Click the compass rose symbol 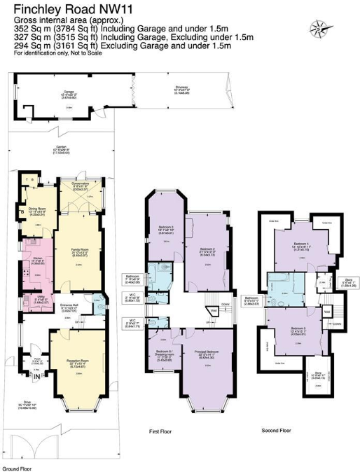pyautogui.click(x=321, y=28)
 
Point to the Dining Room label pyautogui.click(x=36, y=208)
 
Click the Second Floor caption pyautogui.click(x=275, y=430)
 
